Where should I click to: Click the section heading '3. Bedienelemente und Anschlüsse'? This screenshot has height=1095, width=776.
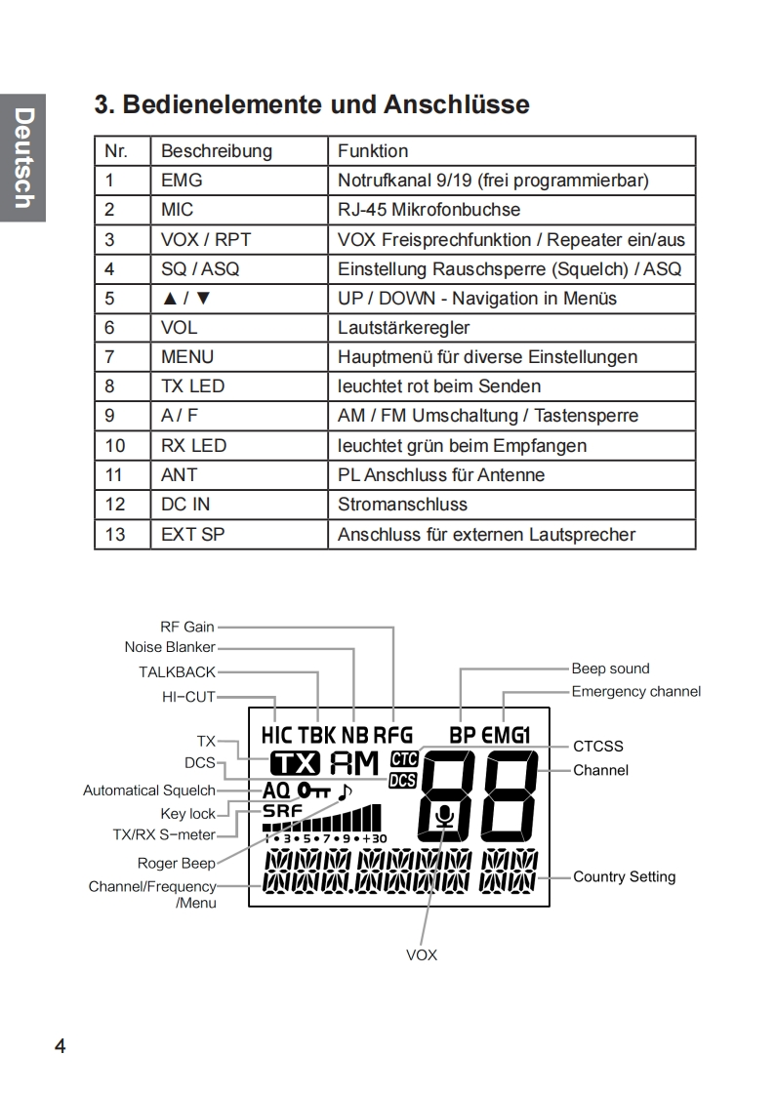pyautogui.click(x=311, y=104)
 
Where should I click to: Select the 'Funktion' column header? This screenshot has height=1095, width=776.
pyautogui.click(x=373, y=151)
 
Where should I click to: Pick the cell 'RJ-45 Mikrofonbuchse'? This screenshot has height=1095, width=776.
pyautogui.click(x=429, y=210)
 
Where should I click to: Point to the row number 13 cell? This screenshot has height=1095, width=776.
pyautogui.click(x=116, y=534)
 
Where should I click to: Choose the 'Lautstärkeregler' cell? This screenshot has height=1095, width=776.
pyautogui.click(x=403, y=328)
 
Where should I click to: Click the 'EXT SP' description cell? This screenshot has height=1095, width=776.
pyautogui.click(x=192, y=534)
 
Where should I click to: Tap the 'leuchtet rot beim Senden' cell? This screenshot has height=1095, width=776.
pyautogui.click(x=438, y=386)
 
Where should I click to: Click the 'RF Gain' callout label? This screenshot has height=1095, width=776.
pyautogui.click(x=186, y=627)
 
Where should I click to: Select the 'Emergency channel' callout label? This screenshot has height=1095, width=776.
pyautogui.click(x=635, y=692)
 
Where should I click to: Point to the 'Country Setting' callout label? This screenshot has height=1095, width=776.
pyautogui.click(x=624, y=876)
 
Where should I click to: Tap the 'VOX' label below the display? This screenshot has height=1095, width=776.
pyautogui.click(x=422, y=954)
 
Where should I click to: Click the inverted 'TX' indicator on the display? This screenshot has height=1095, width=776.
pyautogui.click(x=295, y=764)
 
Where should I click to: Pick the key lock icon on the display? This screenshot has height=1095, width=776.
pyautogui.click(x=315, y=789)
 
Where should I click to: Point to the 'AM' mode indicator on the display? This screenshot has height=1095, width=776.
pyautogui.click(x=354, y=764)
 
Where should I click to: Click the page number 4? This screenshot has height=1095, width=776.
pyautogui.click(x=61, y=1046)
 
